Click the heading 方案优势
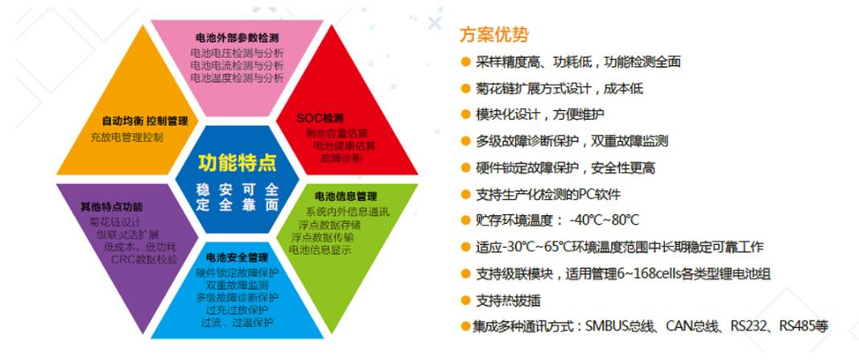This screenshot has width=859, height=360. point(494,35)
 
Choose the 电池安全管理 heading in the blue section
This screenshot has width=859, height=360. point(237,258)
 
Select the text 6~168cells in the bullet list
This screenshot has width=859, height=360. point(645,273)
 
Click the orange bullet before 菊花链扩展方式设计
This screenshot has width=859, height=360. point(465,89)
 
